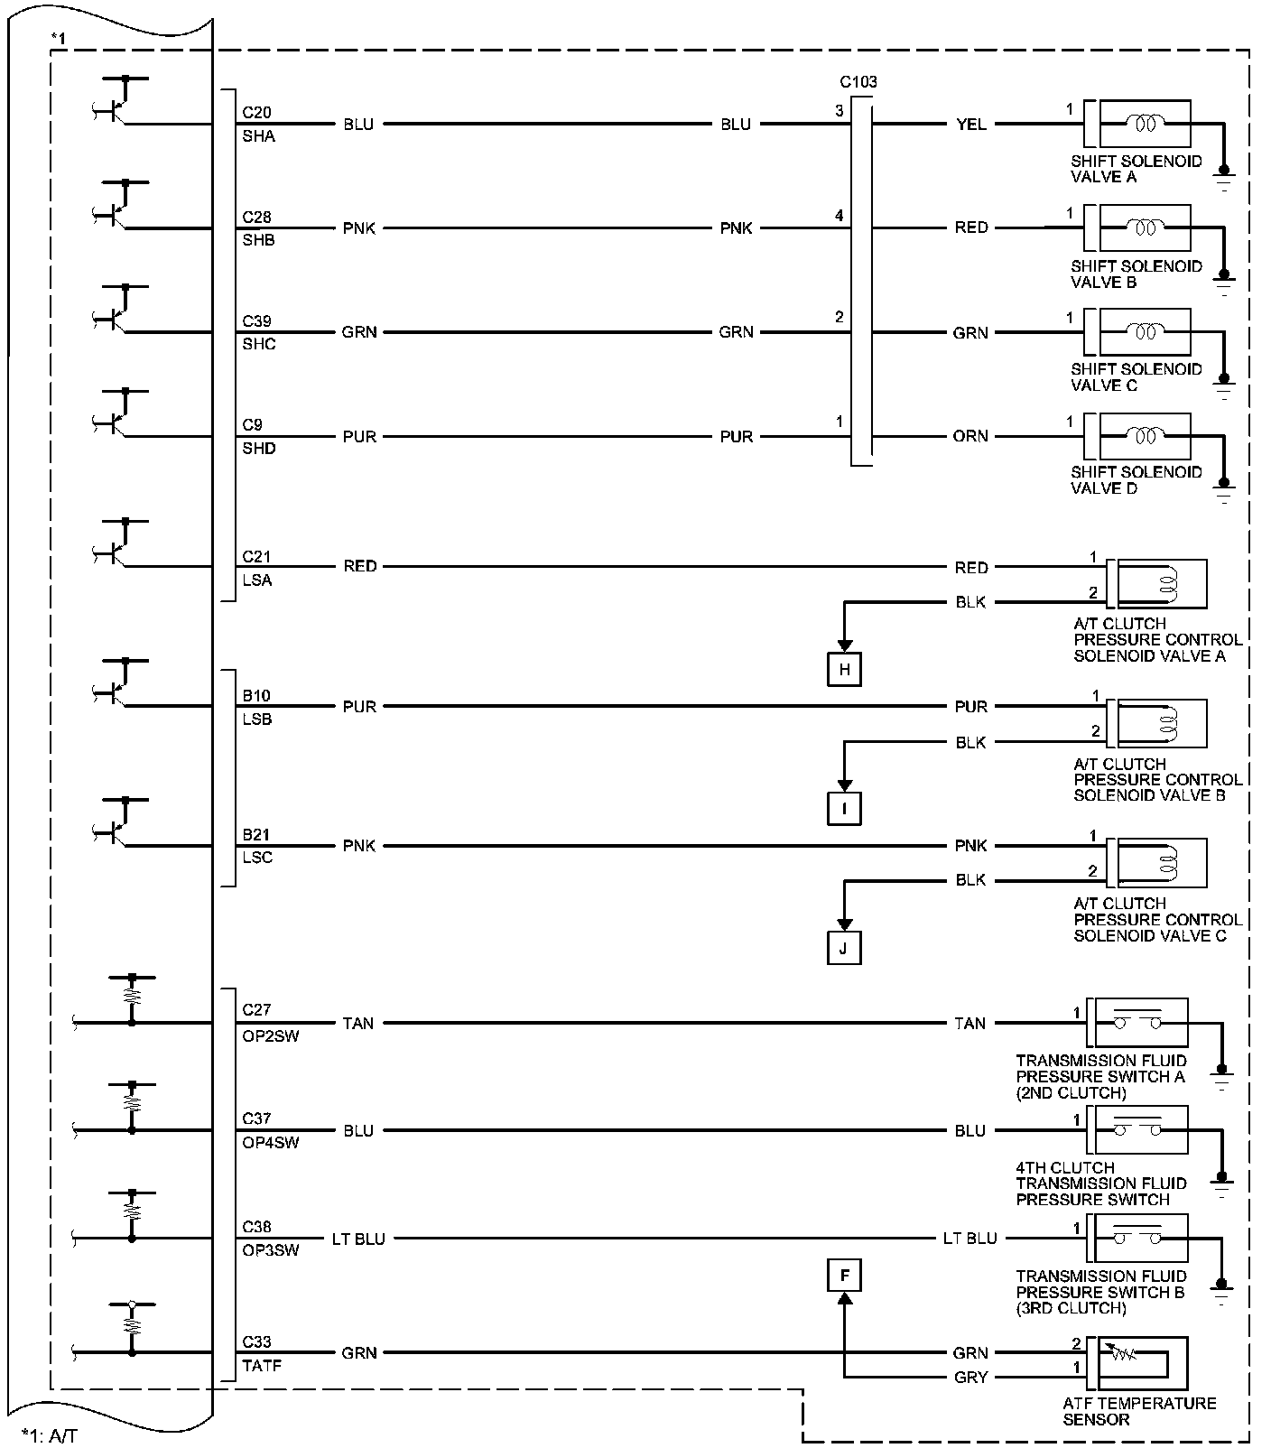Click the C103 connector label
tap(858, 82)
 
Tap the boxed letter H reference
tap(844, 670)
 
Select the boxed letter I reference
tap(844, 809)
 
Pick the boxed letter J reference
tap(844, 948)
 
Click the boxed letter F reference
tap(844, 1276)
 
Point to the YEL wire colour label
tap(970, 125)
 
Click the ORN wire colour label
tap(970, 436)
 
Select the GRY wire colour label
tap(970, 1377)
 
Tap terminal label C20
tap(256, 113)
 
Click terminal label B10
tap(256, 696)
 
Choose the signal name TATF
tap(262, 1367)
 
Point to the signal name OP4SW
tap(270, 1143)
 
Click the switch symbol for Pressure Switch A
tap(1137, 1022)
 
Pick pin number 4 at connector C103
tap(840, 216)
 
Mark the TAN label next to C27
tap(358, 1023)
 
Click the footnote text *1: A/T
tap(50, 1435)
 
